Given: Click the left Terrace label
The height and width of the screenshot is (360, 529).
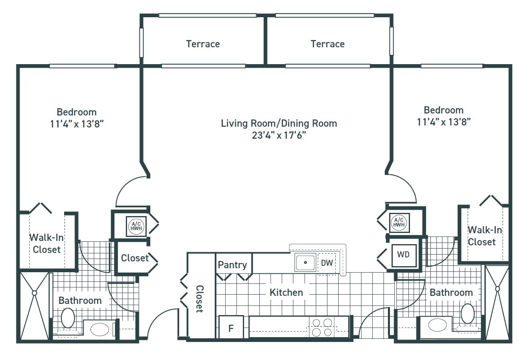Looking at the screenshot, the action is (203, 44).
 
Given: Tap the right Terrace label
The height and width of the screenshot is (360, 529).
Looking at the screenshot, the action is (327, 44).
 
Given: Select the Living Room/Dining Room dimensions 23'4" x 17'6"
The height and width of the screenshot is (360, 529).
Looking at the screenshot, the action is (279, 136).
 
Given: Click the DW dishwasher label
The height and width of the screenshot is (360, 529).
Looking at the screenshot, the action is (327, 263).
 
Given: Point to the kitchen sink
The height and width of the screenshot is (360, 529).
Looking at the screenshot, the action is (305, 263).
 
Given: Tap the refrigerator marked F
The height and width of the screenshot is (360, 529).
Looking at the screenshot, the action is (231, 328).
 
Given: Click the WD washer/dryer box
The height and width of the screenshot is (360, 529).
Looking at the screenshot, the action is (403, 255).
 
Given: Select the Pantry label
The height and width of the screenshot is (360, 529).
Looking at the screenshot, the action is (232, 265).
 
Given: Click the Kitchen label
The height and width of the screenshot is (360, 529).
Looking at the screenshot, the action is (286, 293).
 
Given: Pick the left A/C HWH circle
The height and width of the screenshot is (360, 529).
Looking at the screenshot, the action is (136, 226).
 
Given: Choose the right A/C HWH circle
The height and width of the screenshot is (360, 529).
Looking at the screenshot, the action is (399, 222).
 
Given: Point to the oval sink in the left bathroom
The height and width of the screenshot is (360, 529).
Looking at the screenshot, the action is (100, 329).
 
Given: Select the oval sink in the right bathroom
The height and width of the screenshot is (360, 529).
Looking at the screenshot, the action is (438, 325).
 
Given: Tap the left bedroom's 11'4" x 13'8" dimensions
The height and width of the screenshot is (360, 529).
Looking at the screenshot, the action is (77, 124).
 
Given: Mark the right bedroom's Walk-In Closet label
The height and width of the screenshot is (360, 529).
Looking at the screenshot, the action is (485, 236).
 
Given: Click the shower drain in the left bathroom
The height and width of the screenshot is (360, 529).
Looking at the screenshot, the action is (34, 293).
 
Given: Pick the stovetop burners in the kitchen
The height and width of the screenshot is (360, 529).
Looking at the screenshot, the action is (322, 328).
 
